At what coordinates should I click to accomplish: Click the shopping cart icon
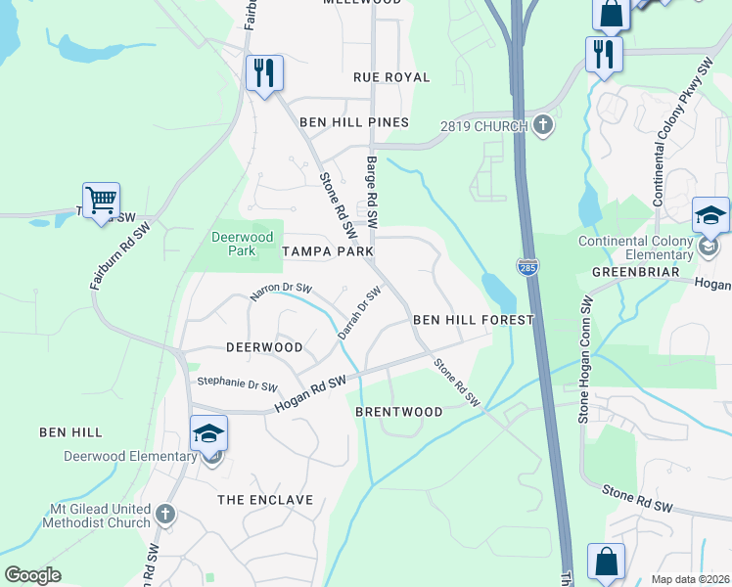click(101, 201)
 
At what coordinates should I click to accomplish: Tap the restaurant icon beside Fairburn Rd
click(264, 72)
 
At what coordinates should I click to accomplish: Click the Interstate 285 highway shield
click(526, 266)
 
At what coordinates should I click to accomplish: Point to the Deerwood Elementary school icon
click(208, 433)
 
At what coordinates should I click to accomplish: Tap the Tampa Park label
click(328, 251)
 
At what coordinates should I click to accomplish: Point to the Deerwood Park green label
click(234, 244)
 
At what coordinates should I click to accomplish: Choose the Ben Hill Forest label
click(473, 320)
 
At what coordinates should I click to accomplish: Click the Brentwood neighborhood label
click(398, 412)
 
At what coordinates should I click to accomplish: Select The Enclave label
click(265, 500)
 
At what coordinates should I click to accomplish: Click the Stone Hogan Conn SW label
click(583, 360)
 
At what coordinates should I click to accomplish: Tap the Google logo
click(32, 575)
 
